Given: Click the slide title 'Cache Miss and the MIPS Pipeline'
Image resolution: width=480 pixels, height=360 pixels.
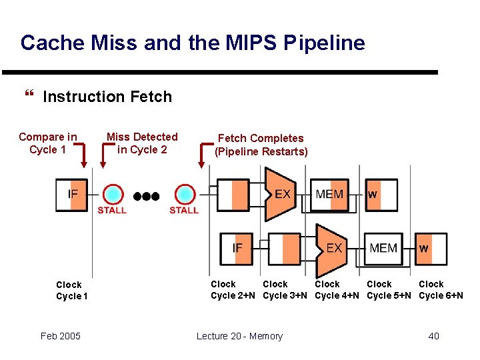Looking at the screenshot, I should point(193,43).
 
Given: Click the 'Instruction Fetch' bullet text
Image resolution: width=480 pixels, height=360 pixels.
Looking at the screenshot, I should point(107,97).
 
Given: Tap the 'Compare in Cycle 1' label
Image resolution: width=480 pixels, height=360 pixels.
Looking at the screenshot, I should point(48,143).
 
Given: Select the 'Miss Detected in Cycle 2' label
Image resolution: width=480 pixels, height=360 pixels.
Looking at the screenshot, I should point(142,143).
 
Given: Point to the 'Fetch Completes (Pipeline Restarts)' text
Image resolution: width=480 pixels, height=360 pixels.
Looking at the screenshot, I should point(260,145).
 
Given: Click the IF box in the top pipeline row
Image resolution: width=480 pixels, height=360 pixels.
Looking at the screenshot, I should point(72,195).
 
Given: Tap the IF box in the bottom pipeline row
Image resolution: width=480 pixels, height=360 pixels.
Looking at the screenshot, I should point(237,248).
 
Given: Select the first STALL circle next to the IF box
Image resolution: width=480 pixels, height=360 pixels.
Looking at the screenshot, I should point(112,195).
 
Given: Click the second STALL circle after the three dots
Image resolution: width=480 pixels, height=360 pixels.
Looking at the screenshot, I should point(184,195).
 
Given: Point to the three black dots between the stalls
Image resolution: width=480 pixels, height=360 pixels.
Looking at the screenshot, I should point(147,196).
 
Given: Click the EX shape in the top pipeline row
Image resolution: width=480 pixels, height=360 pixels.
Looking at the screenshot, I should point(281,195).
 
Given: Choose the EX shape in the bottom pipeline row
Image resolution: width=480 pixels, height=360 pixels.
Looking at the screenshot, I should point(333,248).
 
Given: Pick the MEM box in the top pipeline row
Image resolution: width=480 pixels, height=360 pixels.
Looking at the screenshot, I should point(329,195).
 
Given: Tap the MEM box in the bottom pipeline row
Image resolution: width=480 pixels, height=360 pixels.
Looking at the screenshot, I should point(383,248).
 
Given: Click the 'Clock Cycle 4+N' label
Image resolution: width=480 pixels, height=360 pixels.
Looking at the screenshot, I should point(337,290).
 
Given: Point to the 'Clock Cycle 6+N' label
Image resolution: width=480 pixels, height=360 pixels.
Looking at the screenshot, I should point(441,290).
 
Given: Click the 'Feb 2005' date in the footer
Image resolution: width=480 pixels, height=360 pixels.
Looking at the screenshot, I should point(60,336).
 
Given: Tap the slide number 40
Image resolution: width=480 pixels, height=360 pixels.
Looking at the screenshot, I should point(433,336).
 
